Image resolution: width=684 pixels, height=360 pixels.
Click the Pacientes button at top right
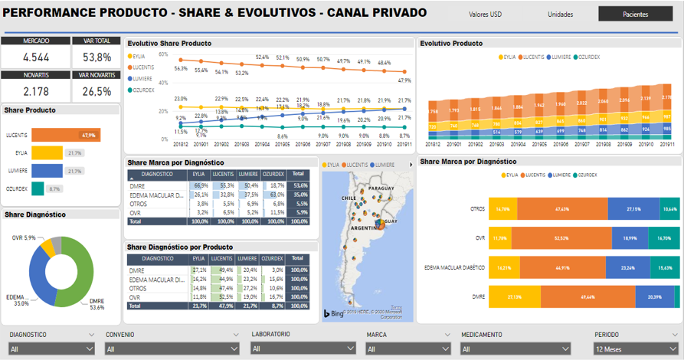click(x=635, y=14)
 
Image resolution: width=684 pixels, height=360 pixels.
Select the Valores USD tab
click(x=486, y=14)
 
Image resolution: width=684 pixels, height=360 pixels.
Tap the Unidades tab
click(x=560, y=14)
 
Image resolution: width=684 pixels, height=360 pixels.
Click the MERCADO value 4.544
click(x=36, y=57)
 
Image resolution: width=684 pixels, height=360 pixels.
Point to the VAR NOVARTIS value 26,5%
click(x=97, y=92)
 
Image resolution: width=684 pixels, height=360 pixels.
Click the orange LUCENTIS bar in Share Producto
click(x=66, y=135)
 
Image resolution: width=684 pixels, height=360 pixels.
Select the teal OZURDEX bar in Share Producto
click(x=38, y=188)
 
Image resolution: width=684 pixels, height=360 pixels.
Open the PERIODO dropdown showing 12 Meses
click(x=635, y=349)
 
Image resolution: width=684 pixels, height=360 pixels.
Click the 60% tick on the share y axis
click(x=162, y=54)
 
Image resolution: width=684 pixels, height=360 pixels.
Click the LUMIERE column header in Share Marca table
click(x=248, y=174)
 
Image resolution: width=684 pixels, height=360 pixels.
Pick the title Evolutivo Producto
click(x=451, y=44)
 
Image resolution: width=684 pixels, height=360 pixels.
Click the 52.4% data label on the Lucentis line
click(x=262, y=57)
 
